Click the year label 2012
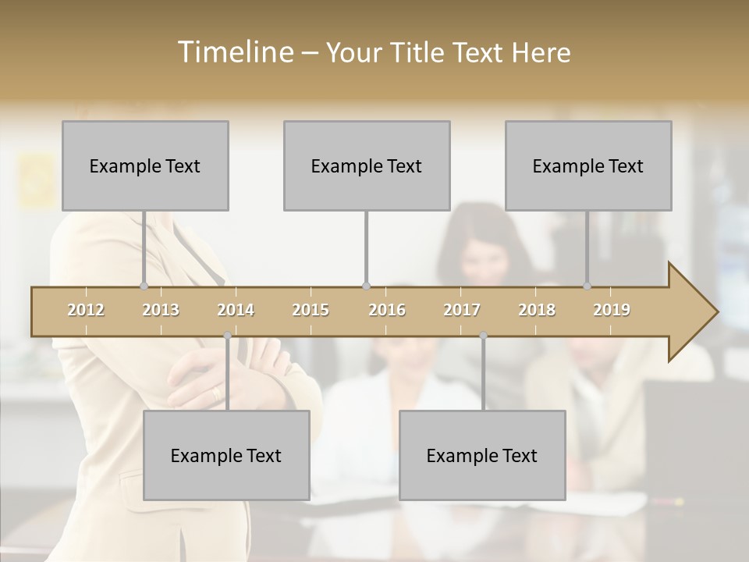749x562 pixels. coord(86,311)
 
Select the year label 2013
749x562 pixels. coord(161,311)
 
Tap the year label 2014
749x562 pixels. coord(236,311)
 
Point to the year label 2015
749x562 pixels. coord(311,311)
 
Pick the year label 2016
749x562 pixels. coord(387,311)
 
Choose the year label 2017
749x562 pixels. coord(462,311)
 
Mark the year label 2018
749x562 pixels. coord(537,311)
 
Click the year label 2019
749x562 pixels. coord(612,311)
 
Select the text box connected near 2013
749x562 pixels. coord(145,166)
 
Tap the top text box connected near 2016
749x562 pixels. coord(367,166)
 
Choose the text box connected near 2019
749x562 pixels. coord(588,166)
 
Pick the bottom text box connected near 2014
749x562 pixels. coord(226,456)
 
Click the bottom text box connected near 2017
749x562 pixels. coord(482,456)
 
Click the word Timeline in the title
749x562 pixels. coord(234,52)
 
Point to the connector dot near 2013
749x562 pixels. coord(144,286)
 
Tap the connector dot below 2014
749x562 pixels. coord(227,336)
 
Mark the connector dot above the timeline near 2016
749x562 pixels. coord(366,286)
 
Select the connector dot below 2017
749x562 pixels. coord(483,336)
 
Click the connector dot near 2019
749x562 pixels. coord(587,286)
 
